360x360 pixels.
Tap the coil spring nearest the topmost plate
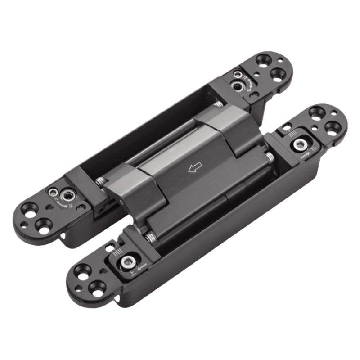point(217,104)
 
